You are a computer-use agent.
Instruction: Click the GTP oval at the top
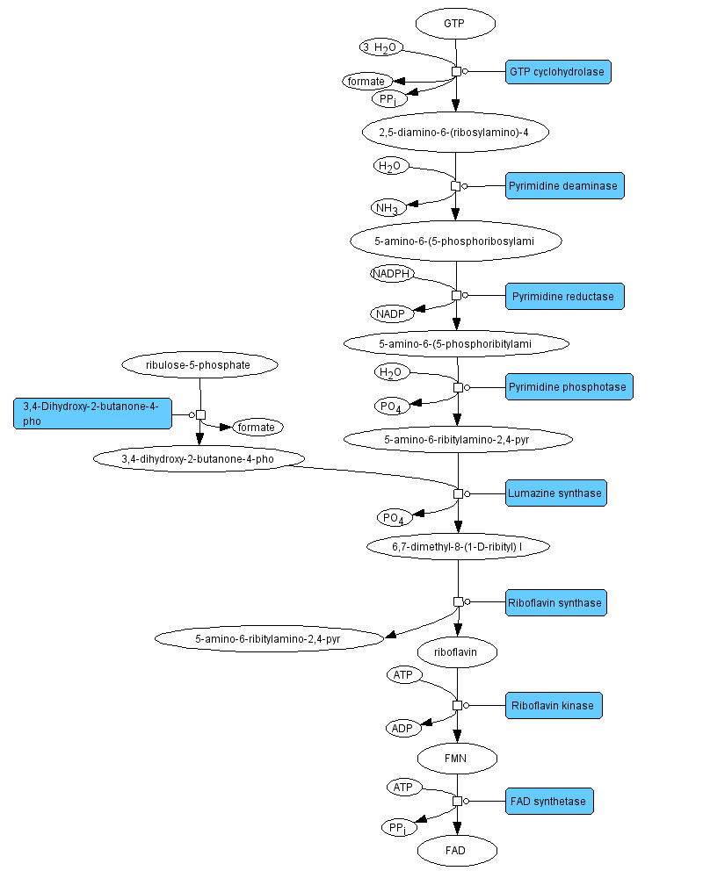click(455, 24)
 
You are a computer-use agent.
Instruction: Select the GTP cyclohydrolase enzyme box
click(557, 72)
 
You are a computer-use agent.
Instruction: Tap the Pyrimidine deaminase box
click(564, 185)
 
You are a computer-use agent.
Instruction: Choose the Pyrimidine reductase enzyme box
click(564, 296)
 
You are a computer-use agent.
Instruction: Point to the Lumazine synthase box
click(555, 493)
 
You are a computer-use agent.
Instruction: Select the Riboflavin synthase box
click(555, 602)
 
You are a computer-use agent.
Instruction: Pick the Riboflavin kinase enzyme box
click(553, 705)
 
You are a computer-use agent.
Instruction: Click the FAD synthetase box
click(549, 801)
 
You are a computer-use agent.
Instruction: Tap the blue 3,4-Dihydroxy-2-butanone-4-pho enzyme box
click(92, 414)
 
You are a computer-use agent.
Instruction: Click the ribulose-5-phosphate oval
click(199, 363)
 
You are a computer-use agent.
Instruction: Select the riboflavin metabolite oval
click(457, 652)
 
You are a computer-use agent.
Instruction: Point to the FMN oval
click(457, 757)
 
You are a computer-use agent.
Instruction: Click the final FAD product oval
click(457, 850)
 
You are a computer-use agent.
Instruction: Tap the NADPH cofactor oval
click(392, 274)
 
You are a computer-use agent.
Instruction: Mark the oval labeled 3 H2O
click(380, 47)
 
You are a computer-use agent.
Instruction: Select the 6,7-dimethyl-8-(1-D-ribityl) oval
click(457, 546)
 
